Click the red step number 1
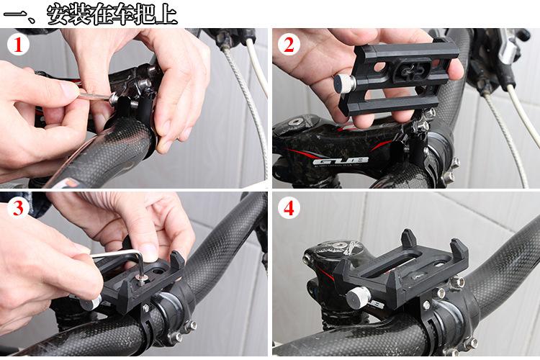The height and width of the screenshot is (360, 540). pyautogui.click(x=17, y=45)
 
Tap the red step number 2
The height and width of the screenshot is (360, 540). pyautogui.click(x=289, y=45)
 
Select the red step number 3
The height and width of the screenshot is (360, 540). pyautogui.click(x=18, y=208)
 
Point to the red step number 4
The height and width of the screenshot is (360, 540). pyautogui.click(x=289, y=208)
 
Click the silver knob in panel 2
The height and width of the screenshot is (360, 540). pyautogui.click(x=344, y=84)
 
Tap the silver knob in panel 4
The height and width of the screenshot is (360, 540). pyautogui.click(x=358, y=298)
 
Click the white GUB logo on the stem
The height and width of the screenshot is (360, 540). pyautogui.click(x=340, y=161)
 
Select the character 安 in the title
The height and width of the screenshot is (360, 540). pyautogui.click(x=58, y=14)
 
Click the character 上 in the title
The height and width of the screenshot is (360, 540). pyautogui.click(x=167, y=14)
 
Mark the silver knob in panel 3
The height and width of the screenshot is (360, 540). pyautogui.click(x=91, y=303)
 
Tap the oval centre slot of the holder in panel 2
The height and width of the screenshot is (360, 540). pyautogui.click(x=411, y=71)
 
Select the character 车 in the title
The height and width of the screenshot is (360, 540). pyautogui.click(x=123, y=14)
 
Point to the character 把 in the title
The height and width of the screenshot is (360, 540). pyautogui.click(x=145, y=14)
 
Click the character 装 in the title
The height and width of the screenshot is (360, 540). pyautogui.click(x=79, y=14)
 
